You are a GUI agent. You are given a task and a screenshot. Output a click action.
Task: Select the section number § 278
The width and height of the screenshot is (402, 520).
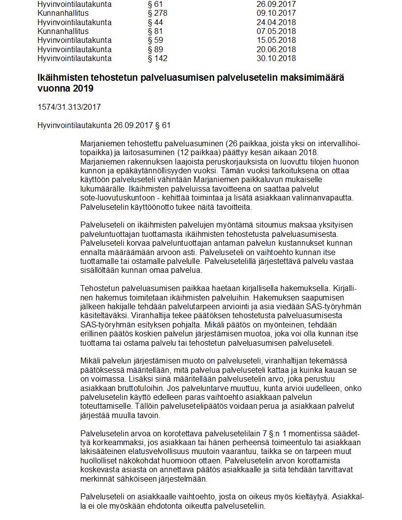(157, 13)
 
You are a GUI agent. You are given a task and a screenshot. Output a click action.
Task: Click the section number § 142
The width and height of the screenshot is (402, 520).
(157, 58)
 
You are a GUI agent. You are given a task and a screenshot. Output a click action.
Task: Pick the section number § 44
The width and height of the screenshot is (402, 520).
(155, 22)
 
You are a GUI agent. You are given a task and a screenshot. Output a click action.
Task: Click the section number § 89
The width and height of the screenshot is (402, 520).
(155, 49)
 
